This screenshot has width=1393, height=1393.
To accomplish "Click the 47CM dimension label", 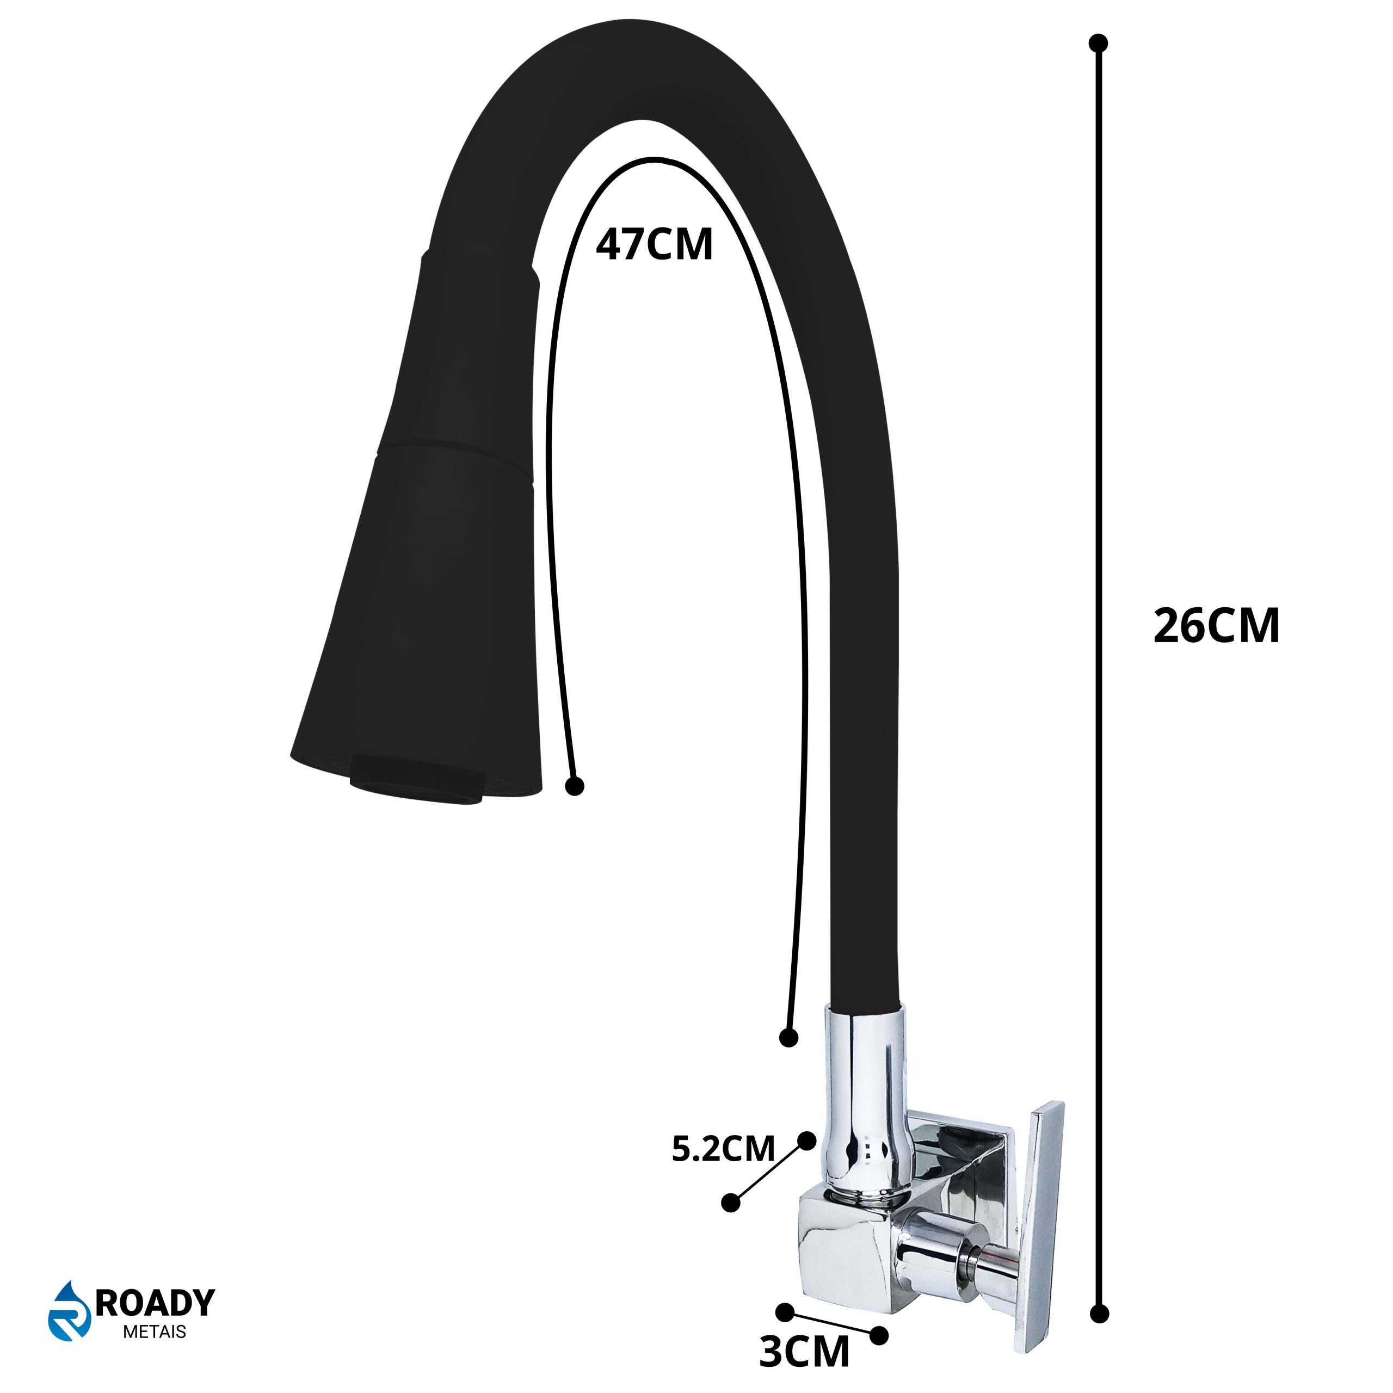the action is tap(654, 244).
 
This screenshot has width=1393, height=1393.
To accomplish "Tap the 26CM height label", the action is tap(1216, 625).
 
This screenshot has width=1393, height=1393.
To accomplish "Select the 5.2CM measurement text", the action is tap(723, 1149).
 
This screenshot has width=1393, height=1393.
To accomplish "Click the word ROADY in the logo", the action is tap(155, 1303).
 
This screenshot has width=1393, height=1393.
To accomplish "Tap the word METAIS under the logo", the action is tap(155, 1332).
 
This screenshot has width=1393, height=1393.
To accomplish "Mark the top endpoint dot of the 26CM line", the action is tap(1098, 44).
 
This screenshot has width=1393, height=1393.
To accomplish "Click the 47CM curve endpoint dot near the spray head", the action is tap(574, 786).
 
